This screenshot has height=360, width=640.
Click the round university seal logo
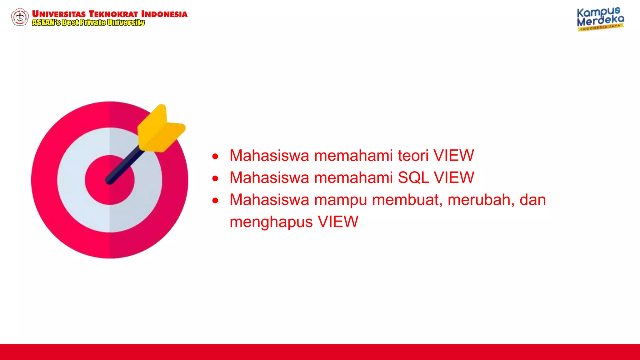(20, 17)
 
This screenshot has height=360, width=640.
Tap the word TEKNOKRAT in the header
(113, 14)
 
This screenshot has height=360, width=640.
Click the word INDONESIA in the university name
(164, 14)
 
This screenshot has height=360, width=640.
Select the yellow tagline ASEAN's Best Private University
(88, 22)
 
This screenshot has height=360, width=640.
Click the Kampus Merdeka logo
(600, 19)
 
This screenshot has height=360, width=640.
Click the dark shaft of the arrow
(125, 166)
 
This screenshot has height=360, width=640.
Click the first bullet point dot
(215, 156)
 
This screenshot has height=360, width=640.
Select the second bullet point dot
(215, 178)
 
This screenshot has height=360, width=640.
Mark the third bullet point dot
(215, 201)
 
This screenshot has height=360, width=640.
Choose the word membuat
(407, 200)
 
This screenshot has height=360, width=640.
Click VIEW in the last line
(338, 222)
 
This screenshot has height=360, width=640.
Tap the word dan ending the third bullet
(532, 200)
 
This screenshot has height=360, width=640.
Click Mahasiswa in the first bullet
(269, 156)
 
